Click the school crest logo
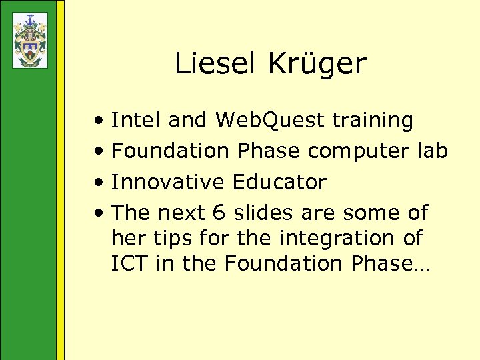[29, 40]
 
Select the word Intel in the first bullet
[136, 121]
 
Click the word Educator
[279, 182]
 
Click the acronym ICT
[130, 263]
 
